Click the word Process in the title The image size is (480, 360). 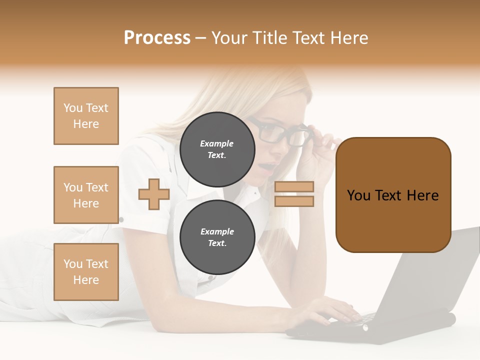157,38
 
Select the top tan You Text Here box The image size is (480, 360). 86,116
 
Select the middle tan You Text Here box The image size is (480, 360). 86,195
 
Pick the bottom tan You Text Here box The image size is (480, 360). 86,271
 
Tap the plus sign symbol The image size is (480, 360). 154,194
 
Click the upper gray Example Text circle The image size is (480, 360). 217,149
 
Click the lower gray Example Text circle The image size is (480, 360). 217,237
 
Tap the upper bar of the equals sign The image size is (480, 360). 294,186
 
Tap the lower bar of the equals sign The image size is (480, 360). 294,201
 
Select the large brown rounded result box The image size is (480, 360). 393,220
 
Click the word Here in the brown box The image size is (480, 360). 422,195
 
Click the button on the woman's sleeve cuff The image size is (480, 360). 121,219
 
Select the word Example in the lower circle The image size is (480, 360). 217,231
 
